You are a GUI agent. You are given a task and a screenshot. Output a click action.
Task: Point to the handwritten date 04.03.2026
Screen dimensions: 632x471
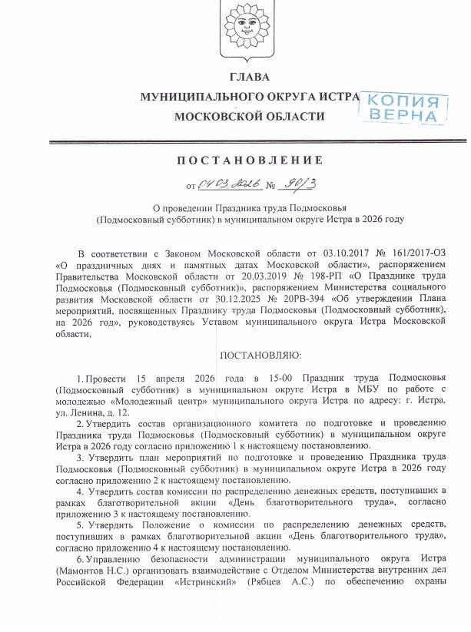pos(230,185)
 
